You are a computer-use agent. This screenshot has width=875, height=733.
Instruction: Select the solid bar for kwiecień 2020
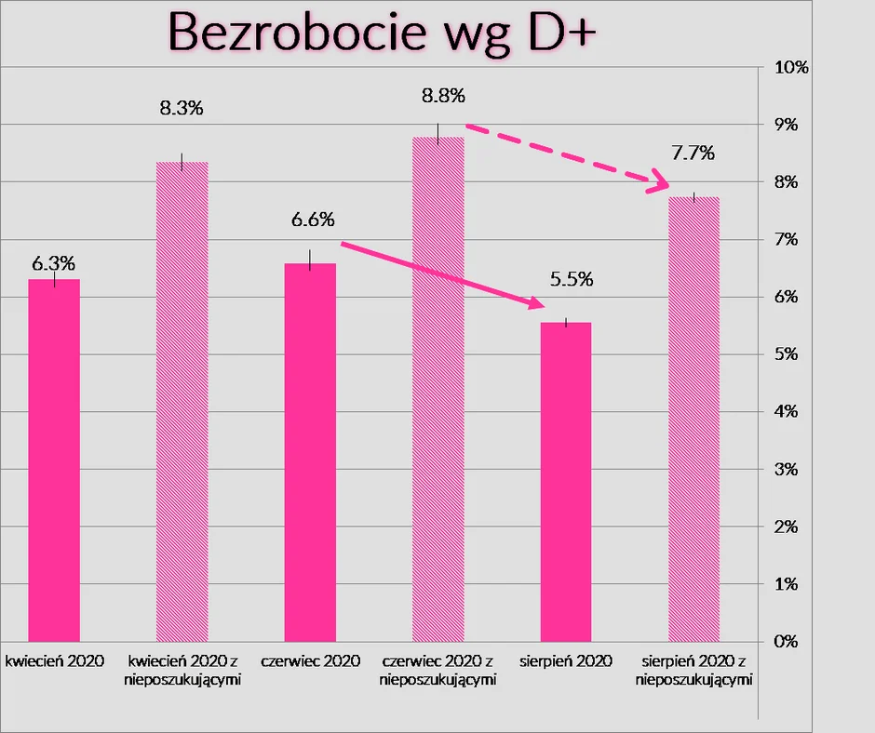(54, 460)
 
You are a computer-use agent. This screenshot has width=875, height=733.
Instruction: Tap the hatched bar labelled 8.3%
(182, 401)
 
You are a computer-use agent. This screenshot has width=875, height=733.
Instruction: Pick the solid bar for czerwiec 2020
(310, 452)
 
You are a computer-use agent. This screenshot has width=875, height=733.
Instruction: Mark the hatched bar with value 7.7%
(693, 419)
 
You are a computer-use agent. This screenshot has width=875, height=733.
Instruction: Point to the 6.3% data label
(54, 263)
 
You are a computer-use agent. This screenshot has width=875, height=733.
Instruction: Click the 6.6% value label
(313, 220)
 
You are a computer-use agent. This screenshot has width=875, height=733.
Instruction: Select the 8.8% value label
(442, 96)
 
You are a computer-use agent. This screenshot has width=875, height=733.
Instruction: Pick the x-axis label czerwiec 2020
(310, 661)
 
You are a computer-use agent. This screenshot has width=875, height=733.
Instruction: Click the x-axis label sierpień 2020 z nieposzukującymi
(693, 670)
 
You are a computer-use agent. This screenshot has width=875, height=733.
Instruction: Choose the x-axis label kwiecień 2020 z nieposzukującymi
(182, 670)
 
